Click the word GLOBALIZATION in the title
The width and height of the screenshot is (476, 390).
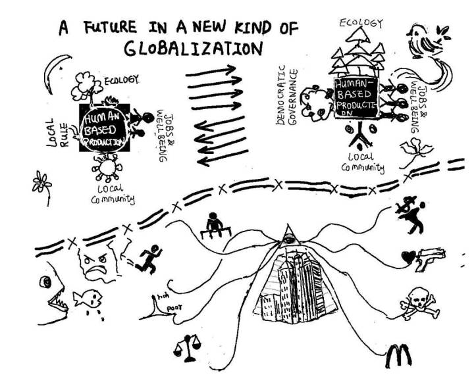191,49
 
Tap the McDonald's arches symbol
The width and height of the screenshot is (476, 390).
399,356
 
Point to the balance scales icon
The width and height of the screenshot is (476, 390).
185,345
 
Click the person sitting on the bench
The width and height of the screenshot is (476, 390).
213,224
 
